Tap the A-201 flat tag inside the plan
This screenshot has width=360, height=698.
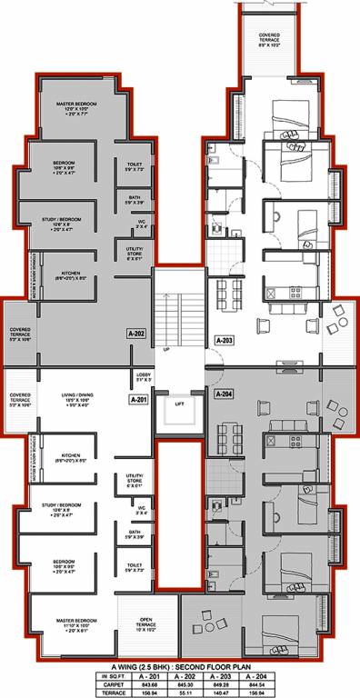click(139, 399)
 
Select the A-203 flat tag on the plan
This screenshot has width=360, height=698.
click(225, 340)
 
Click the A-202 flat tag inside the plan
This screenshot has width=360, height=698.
click(137, 334)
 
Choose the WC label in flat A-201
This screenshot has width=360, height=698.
click(132, 510)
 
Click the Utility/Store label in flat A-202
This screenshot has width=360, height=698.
click(133, 254)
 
